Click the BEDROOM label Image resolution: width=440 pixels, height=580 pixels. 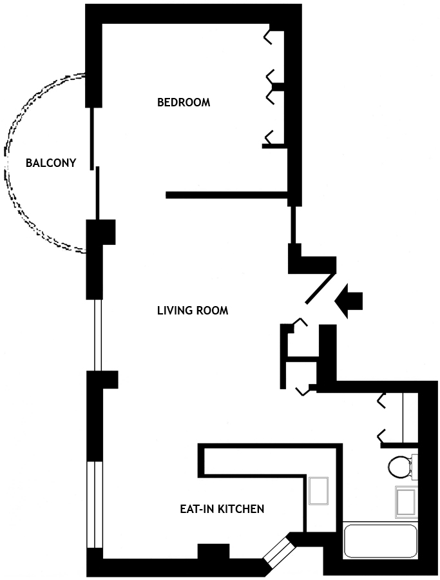coord(184,102)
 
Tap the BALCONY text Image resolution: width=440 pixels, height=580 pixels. coord(51,163)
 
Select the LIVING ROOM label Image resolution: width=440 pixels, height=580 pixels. coord(193,311)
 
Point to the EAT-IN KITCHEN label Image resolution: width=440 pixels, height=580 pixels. coord(222,509)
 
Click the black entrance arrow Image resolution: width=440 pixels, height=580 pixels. coord(350,301)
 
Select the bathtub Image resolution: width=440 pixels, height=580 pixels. coord(380,541)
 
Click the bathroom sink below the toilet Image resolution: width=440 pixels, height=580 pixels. coord(406,502)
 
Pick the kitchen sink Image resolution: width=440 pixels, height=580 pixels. coord(319,491)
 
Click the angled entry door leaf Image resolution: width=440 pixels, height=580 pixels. coord(320,287)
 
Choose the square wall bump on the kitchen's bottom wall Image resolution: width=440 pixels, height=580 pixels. coord(213,552)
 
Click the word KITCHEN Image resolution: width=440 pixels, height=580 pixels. coord(242,509)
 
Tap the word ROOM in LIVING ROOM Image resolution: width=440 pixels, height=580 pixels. coord(212,311)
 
